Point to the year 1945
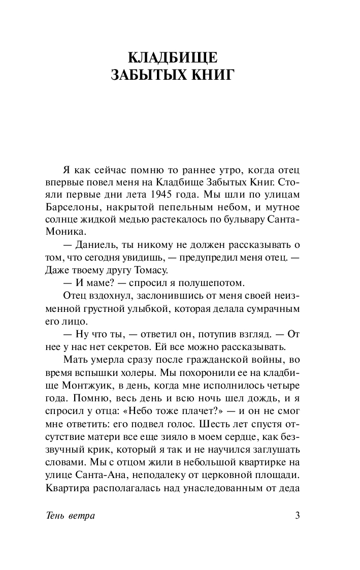tap(176, 195)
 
